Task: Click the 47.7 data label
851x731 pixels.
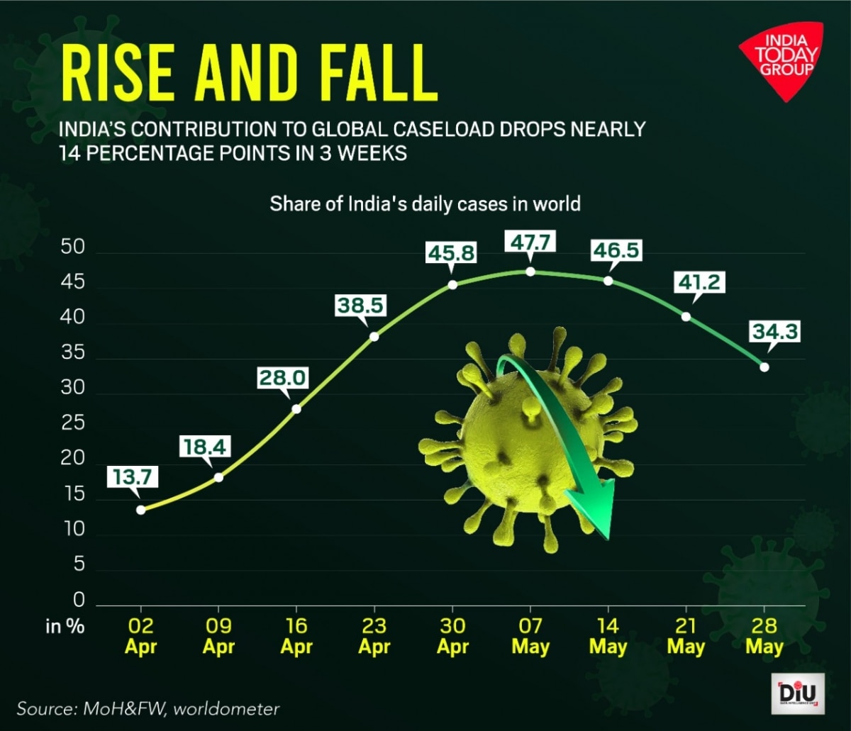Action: click(x=530, y=241)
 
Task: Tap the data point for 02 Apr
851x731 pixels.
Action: click(x=141, y=509)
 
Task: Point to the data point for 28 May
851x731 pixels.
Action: click(x=764, y=367)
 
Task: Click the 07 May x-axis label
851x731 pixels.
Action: click(x=530, y=636)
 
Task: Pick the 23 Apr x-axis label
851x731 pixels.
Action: click(x=374, y=636)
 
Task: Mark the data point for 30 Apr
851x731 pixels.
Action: click(x=452, y=284)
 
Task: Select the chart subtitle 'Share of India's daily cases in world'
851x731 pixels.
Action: click(x=425, y=205)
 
